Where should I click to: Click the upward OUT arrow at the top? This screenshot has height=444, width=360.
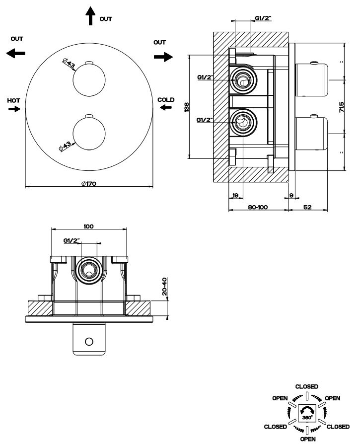click(x=90, y=16)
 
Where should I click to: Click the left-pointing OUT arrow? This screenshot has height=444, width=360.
click(x=16, y=53)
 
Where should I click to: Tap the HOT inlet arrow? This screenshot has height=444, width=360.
click(x=14, y=109)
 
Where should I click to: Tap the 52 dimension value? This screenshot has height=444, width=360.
click(x=307, y=207)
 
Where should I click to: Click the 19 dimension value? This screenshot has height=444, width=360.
click(x=235, y=195)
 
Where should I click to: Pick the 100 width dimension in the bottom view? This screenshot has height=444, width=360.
click(x=88, y=226)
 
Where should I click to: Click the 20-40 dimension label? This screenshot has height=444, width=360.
click(x=164, y=287)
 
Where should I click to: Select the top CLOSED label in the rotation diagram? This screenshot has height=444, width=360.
click(x=306, y=386)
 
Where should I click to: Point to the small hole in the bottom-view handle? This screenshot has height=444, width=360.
click(x=89, y=341)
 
